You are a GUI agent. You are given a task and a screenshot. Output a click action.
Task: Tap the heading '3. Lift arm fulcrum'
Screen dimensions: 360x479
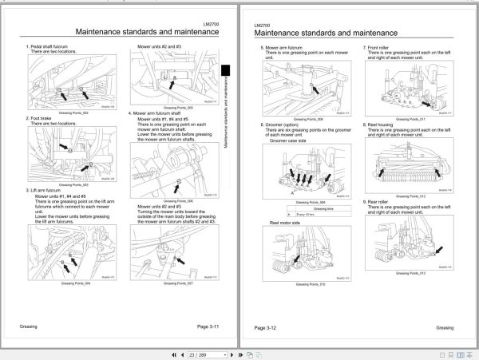tap(47, 190)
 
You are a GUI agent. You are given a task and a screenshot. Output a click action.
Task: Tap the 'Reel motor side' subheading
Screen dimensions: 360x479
tap(285, 222)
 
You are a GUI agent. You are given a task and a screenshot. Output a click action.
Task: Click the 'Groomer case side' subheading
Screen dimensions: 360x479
tap(288, 139)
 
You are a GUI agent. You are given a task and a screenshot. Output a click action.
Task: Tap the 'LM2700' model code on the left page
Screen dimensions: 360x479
tap(212, 26)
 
